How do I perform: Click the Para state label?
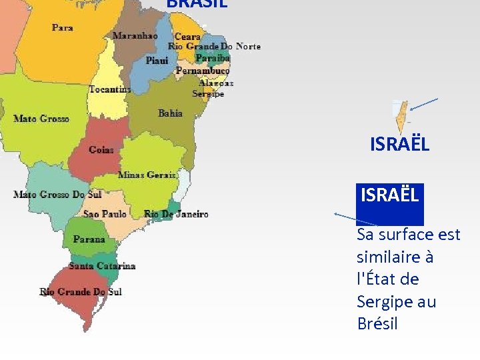click(63, 28)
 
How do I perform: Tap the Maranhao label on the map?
click(135, 36)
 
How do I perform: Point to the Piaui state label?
click(157, 61)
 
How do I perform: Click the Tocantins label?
click(110, 89)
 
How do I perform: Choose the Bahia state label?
click(170, 113)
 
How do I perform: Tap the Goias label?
click(101, 150)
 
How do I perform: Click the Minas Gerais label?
click(147, 175)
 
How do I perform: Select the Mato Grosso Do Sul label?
click(57, 195)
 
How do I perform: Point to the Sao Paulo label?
click(105, 214)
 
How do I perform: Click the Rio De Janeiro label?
click(176, 214)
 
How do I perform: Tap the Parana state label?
click(89, 239)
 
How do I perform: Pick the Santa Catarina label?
click(102, 266)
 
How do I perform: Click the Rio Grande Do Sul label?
click(81, 291)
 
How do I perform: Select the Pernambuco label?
click(203, 70)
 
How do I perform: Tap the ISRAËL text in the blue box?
click(390, 195)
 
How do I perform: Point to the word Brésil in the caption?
click(377, 324)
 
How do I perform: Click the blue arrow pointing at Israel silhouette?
click(424, 104)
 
